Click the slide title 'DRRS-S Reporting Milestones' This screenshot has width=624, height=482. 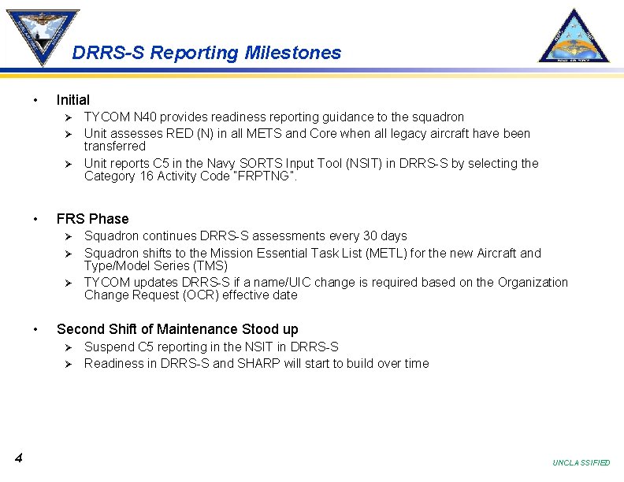(206, 53)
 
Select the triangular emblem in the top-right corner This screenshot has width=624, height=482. (574, 36)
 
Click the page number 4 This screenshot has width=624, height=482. (17, 458)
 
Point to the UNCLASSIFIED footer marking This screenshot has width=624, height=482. (581, 463)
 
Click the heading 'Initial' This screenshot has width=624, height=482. (73, 100)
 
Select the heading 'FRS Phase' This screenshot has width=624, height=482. (92, 219)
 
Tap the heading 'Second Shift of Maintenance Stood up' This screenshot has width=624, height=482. (177, 329)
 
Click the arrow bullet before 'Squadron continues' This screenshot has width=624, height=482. (69, 236)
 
